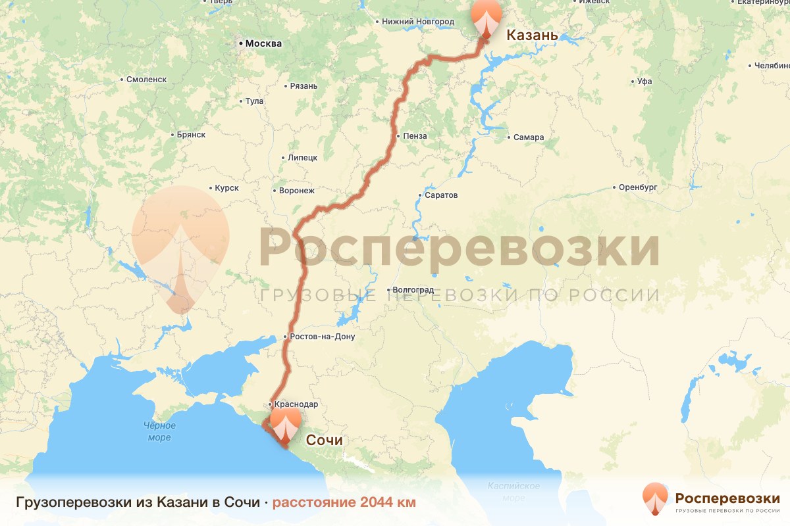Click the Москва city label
coord(263,44)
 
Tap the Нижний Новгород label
coord(418,22)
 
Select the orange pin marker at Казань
coord(486,18)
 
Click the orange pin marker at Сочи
coord(286,425)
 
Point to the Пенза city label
coord(415,136)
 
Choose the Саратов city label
coord(441,195)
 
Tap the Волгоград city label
coord(412,289)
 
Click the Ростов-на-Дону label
coord(322,337)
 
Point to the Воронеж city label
coord(297,191)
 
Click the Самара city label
coord(529,137)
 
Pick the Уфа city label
coord(645,82)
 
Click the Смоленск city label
coord(147,79)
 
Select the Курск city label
coord(226,188)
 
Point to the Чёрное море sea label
coord(159,431)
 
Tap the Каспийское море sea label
coord(513,491)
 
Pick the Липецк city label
coord(303,158)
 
